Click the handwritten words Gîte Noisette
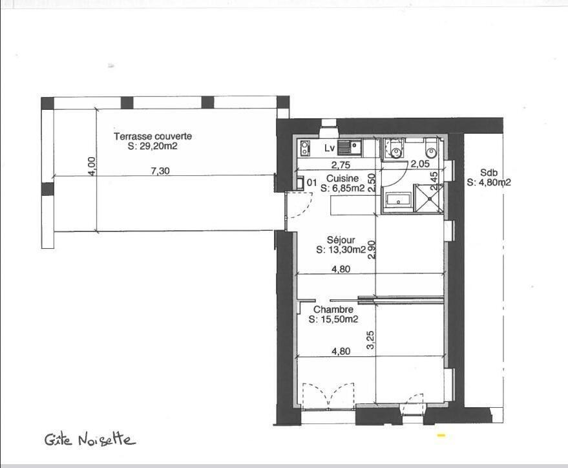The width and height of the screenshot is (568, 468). tap(90, 440)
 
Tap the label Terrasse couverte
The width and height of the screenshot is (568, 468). tap(153, 136)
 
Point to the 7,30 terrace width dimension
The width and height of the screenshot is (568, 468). tap(160, 171)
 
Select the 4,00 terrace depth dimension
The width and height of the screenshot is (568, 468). tap(92, 166)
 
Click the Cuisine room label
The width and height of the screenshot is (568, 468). tap(342, 178)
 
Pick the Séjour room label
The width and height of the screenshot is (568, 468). tap(341, 240)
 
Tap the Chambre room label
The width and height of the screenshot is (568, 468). tap(333, 310)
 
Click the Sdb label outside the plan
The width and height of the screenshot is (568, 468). tap(489, 173)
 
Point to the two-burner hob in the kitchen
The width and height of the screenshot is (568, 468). tap(306, 148)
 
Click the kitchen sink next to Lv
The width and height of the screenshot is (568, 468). tap(350, 148)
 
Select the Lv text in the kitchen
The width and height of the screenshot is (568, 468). tap(330, 148)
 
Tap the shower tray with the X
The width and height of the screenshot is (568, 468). tap(429, 198)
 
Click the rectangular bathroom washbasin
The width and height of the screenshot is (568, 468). tap(399, 200)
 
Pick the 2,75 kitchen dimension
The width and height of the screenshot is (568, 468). tap(341, 165)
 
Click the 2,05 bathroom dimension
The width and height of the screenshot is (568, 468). tap(420, 164)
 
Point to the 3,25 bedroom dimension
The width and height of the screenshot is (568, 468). tap(370, 340)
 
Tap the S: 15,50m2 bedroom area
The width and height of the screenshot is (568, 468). tap(333, 319)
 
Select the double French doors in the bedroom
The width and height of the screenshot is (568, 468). tap(328, 396)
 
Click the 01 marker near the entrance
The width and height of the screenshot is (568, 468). tap(311, 182)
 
